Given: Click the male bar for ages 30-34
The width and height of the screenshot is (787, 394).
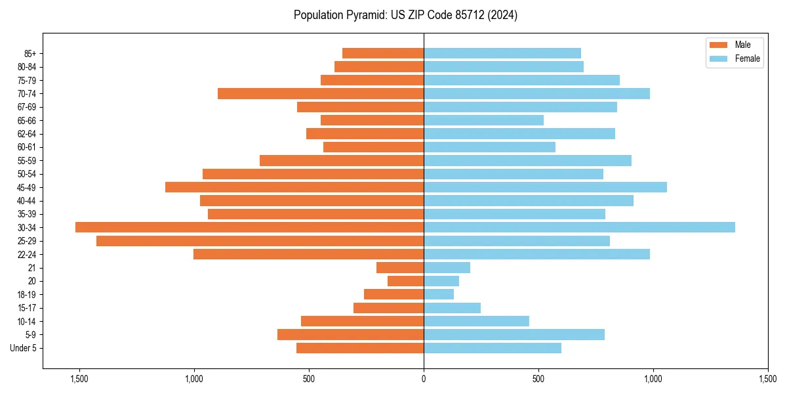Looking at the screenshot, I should click(249, 227).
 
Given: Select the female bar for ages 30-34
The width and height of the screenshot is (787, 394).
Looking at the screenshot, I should click(579, 227).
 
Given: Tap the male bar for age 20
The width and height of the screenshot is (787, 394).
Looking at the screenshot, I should click(405, 281).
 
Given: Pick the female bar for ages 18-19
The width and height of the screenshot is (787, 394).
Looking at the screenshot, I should click(439, 294).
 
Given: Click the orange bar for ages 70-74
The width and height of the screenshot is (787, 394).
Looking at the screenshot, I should click(321, 93).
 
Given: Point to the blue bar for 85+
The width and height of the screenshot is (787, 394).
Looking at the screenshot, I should click(502, 53).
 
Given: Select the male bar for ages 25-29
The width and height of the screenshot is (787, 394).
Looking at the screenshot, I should click(260, 241).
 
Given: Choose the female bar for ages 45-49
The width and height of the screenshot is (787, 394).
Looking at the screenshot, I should click(545, 187).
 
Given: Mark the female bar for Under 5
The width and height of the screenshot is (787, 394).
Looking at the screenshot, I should click(493, 348).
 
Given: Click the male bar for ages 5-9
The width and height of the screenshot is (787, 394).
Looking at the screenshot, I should click(350, 335).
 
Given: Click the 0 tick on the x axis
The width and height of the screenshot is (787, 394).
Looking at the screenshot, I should click(424, 379).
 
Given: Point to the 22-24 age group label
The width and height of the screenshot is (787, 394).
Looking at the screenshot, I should click(27, 255).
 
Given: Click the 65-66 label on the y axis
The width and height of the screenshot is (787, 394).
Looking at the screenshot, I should click(27, 121).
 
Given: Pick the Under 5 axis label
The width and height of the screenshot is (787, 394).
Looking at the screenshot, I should click(24, 348).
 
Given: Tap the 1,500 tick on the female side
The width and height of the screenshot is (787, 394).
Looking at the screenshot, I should click(768, 379).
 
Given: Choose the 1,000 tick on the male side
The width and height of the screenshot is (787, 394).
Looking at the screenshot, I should click(194, 379).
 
